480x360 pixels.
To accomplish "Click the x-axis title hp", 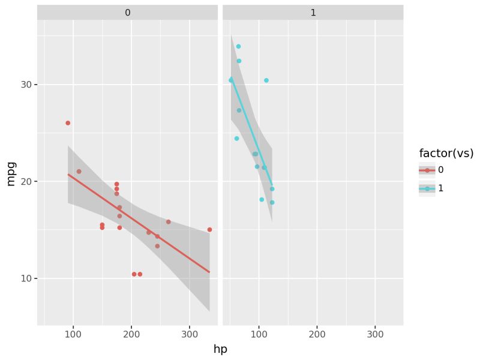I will pyautogui.click(x=220, y=349).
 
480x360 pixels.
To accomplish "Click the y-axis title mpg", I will pyautogui.click(x=10, y=173).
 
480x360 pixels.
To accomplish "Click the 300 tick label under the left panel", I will pyautogui.click(x=189, y=334).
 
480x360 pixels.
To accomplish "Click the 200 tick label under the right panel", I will pyautogui.click(x=317, y=334).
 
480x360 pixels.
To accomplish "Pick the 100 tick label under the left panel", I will pyautogui.click(x=73, y=334).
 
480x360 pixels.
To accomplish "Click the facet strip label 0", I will pyautogui.click(x=127, y=13).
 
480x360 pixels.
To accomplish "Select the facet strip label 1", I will pyautogui.click(x=313, y=13).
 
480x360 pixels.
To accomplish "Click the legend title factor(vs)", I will pyautogui.click(x=446, y=153).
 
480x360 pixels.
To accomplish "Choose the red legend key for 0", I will pyautogui.click(x=427, y=170).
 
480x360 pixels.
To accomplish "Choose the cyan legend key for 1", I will pyautogui.click(x=427, y=188).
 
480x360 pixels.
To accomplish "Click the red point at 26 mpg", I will pyautogui.click(x=68, y=123).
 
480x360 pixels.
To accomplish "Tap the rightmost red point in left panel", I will pyautogui.click(x=209, y=230).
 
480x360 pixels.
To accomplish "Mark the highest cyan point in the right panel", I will pyautogui.click(x=238, y=46).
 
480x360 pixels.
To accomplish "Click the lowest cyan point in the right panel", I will pyautogui.click(x=272, y=203).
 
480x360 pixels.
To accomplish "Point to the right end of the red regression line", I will pyautogui.click(x=209, y=272).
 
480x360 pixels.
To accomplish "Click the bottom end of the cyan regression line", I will pyautogui.click(x=272, y=185).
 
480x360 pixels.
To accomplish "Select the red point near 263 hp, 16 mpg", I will pyautogui.click(x=168, y=222).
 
